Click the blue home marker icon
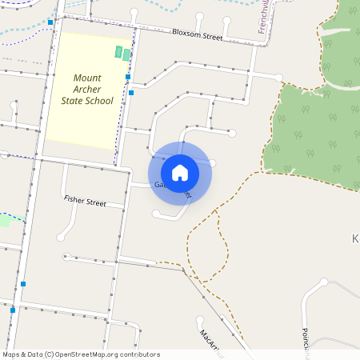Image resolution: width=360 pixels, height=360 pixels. [x=180, y=172]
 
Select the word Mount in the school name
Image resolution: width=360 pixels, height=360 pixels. [x=87, y=78]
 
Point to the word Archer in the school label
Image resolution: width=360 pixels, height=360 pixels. [x=87, y=89]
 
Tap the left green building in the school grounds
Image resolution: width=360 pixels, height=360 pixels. [x=119, y=52]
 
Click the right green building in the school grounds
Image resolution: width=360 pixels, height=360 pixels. [x=126, y=54]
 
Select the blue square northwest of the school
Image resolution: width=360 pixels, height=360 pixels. [x=50, y=22]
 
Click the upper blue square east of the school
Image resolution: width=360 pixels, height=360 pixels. [x=128, y=78]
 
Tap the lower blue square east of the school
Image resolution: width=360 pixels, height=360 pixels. [x=131, y=92]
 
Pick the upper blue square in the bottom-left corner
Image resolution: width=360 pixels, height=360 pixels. [x=23, y=283]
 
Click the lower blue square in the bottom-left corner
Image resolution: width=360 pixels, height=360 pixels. [x=13, y=310]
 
